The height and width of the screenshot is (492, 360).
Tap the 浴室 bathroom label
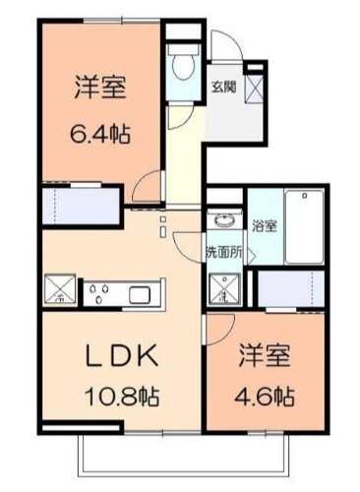click(x=264, y=225)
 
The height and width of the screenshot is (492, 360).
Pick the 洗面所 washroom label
click(x=223, y=248)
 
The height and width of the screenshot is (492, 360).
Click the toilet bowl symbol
click(x=182, y=65)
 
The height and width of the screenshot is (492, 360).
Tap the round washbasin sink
click(x=220, y=220)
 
